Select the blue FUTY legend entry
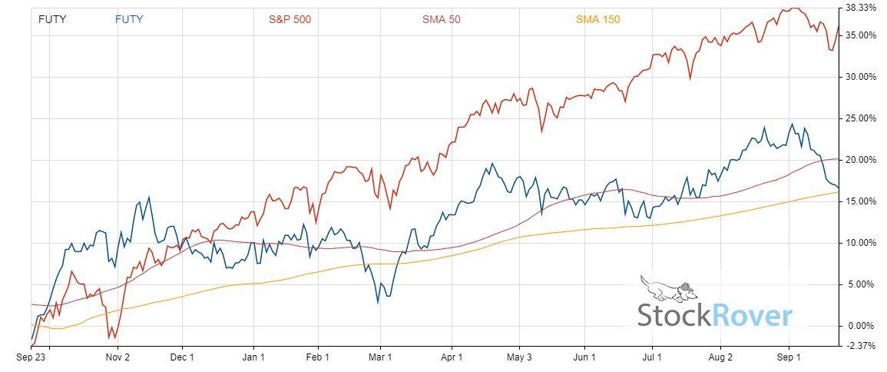click(x=129, y=19)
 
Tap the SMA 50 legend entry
click(x=441, y=19)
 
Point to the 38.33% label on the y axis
click(x=860, y=8)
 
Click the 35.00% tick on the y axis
click(x=860, y=35)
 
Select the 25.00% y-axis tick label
click(x=860, y=118)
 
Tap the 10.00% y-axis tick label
click(x=860, y=243)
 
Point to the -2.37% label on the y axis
click(x=861, y=346)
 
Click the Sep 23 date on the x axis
click(x=31, y=357)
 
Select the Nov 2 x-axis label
click(x=117, y=357)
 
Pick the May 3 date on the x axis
click(x=520, y=357)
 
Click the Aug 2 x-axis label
click(x=721, y=357)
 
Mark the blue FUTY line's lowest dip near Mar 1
click(x=378, y=302)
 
